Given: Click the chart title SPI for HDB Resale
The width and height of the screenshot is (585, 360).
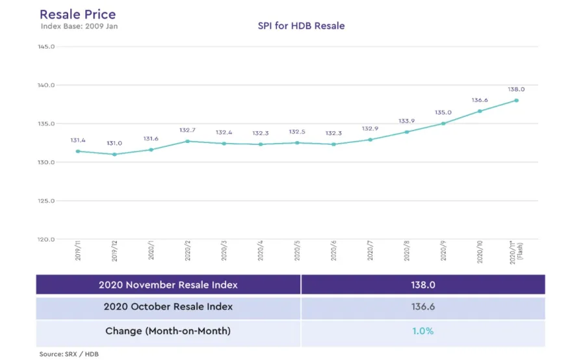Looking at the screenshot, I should [x=301, y=26].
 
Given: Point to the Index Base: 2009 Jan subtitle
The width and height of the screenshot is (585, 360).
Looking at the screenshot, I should [x=79, y=26].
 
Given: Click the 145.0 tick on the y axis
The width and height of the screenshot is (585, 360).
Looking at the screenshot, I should [x=45, y=47].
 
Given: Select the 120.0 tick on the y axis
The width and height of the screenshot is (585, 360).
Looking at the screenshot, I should [x=45, y=239].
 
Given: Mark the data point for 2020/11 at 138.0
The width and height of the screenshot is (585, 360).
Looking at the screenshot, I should [x=517, y=100].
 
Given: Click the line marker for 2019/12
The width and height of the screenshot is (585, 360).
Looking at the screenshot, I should [x=114, y=154].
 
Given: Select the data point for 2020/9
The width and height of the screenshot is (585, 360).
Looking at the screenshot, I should [x=443, y=123].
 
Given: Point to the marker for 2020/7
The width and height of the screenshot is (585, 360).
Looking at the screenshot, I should [x=370, y=140].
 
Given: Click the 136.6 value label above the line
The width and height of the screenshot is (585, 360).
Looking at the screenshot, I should [x=480, y=100].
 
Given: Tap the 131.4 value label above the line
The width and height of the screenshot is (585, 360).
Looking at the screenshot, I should [x=78, y=140].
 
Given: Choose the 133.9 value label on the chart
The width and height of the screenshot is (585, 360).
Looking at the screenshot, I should [x=407, y=121].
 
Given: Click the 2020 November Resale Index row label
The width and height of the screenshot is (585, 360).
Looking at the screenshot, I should [x=168, y=285].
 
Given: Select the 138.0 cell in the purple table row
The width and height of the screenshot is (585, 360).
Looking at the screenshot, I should [x=422, y=285].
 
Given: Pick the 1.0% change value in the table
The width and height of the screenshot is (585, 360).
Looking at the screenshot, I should [x=422, y=331].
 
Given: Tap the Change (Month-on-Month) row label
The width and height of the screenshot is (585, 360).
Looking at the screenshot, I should [x=168, y=331].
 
